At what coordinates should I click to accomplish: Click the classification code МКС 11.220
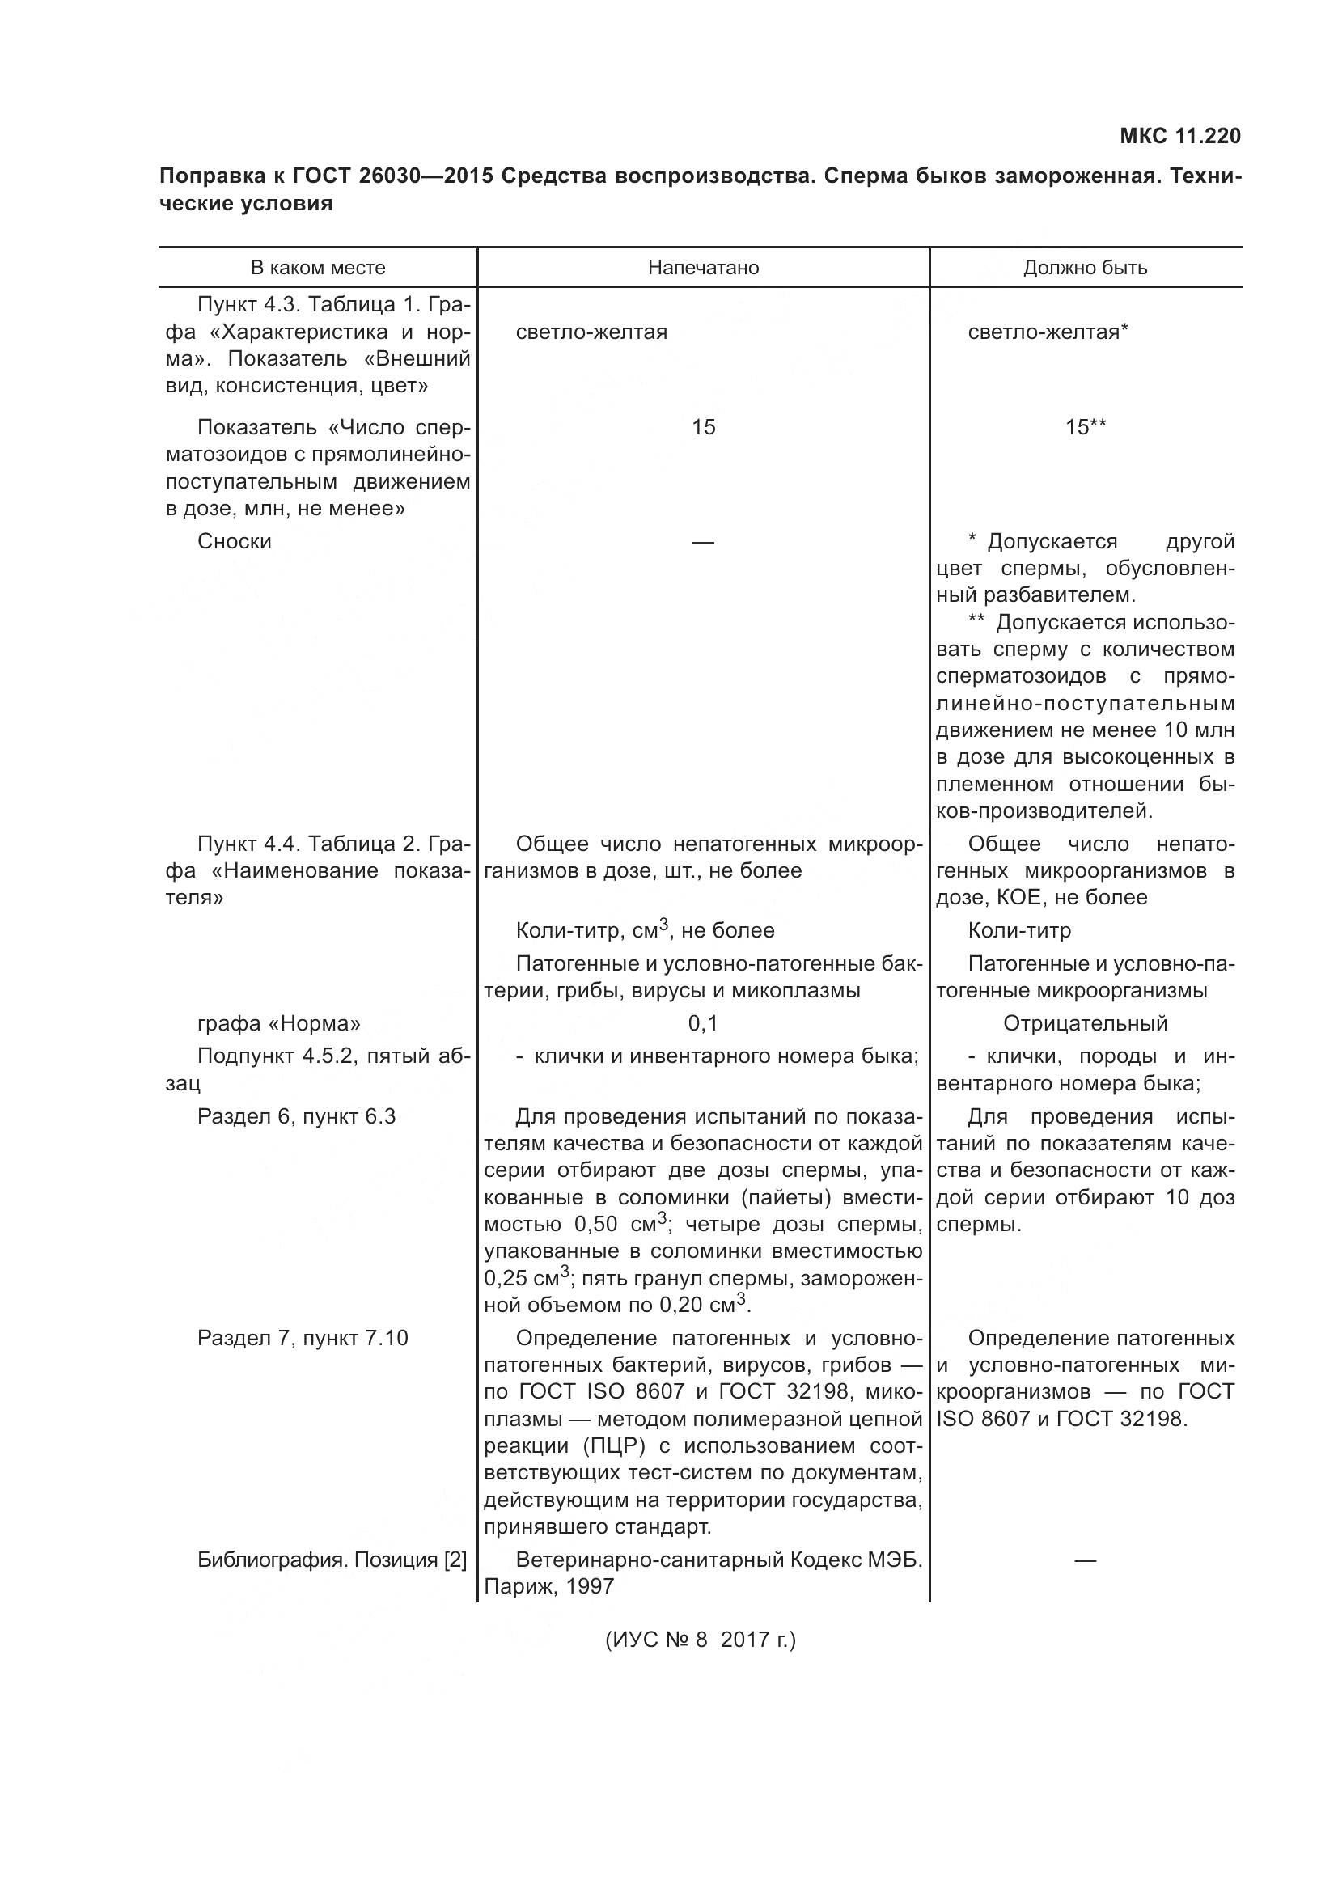pyautogui.click(x=1179, y=136)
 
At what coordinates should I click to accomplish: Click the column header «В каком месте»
pyautogui.click(x=318, y=268)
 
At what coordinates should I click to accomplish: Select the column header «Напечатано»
pyautogui.click(x=703, y=268)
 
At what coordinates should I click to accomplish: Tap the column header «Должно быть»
pyautogui.click(x=1085, y=268)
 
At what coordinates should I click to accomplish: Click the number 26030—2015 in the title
pyautogui.click(x=428, y=176)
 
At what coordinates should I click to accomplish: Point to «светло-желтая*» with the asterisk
pyautogui.click(x=1047, y=332)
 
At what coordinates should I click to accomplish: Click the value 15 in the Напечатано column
pyautogui.click(x=703, y=427)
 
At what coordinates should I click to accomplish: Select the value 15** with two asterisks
pyautogui.click(x=1085, y=427)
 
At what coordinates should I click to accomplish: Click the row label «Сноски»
pyautogui.click(x=234, y=541)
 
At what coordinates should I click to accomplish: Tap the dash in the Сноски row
pyautogui.click(x=703, y=541)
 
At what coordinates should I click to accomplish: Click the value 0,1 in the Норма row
pyautogui.click(x=703, y=1023)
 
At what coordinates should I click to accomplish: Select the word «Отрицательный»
pyautogui.click(x=1085, y=1023)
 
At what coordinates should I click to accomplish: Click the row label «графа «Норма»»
pyautogui.click(x=278, y=1023)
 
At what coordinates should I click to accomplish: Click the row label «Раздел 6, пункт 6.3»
pyautogui.click(x=297, y=1116)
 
